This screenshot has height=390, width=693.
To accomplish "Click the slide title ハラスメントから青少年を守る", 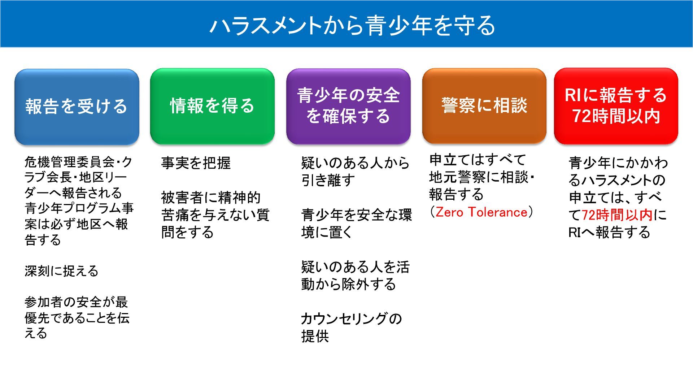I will click(352, 26).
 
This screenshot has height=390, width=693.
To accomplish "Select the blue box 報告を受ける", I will click(77, 107).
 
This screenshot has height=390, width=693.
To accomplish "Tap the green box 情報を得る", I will click(212, 106).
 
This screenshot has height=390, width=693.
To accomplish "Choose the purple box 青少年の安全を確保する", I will click(348, 106).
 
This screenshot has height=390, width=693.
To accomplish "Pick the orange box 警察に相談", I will click(484, 105).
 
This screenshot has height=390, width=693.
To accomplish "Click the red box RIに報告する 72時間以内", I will click(616, 105).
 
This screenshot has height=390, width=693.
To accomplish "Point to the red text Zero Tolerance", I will click(481, 212).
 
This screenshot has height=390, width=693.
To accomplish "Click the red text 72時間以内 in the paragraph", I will click(617, 215).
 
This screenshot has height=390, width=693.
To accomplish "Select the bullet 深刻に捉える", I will click(61, 271).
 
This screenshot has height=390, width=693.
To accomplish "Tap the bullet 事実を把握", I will click(196, 163).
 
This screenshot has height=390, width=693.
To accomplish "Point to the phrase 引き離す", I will click(328, 180).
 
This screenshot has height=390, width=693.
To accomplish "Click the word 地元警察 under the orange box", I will click(458, 177).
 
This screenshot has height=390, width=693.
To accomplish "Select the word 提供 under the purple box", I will click(315, 337).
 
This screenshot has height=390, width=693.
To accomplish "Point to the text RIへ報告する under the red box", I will click(609, 232).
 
